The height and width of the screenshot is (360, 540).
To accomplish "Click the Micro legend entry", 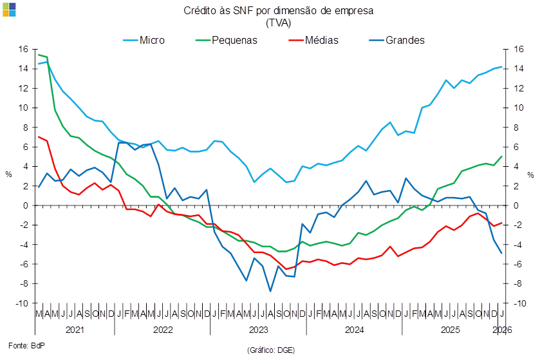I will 151,40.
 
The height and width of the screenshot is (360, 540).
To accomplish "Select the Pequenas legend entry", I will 234,40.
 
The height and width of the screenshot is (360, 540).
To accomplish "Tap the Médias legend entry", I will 322,40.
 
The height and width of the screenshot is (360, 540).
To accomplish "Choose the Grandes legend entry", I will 405,40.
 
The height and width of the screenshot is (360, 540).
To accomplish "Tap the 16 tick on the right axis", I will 519,49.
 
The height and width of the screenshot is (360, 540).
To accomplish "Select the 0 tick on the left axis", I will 26,205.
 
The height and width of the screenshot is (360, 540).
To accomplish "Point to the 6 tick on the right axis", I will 517,147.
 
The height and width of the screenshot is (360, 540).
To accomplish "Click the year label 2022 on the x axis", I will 162,329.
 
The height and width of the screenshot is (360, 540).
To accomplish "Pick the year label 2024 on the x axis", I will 354,329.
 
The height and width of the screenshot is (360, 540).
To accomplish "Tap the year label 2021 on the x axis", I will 73,329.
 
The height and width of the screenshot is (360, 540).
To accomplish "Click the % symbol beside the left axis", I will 8,175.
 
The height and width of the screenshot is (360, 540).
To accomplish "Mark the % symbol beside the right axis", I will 531,175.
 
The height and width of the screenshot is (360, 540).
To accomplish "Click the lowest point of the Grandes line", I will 271,291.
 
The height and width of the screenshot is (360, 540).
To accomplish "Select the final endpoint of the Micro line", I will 502,67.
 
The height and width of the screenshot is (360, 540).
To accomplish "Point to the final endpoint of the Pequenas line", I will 502,156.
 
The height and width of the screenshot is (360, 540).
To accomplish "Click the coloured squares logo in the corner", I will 9,9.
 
